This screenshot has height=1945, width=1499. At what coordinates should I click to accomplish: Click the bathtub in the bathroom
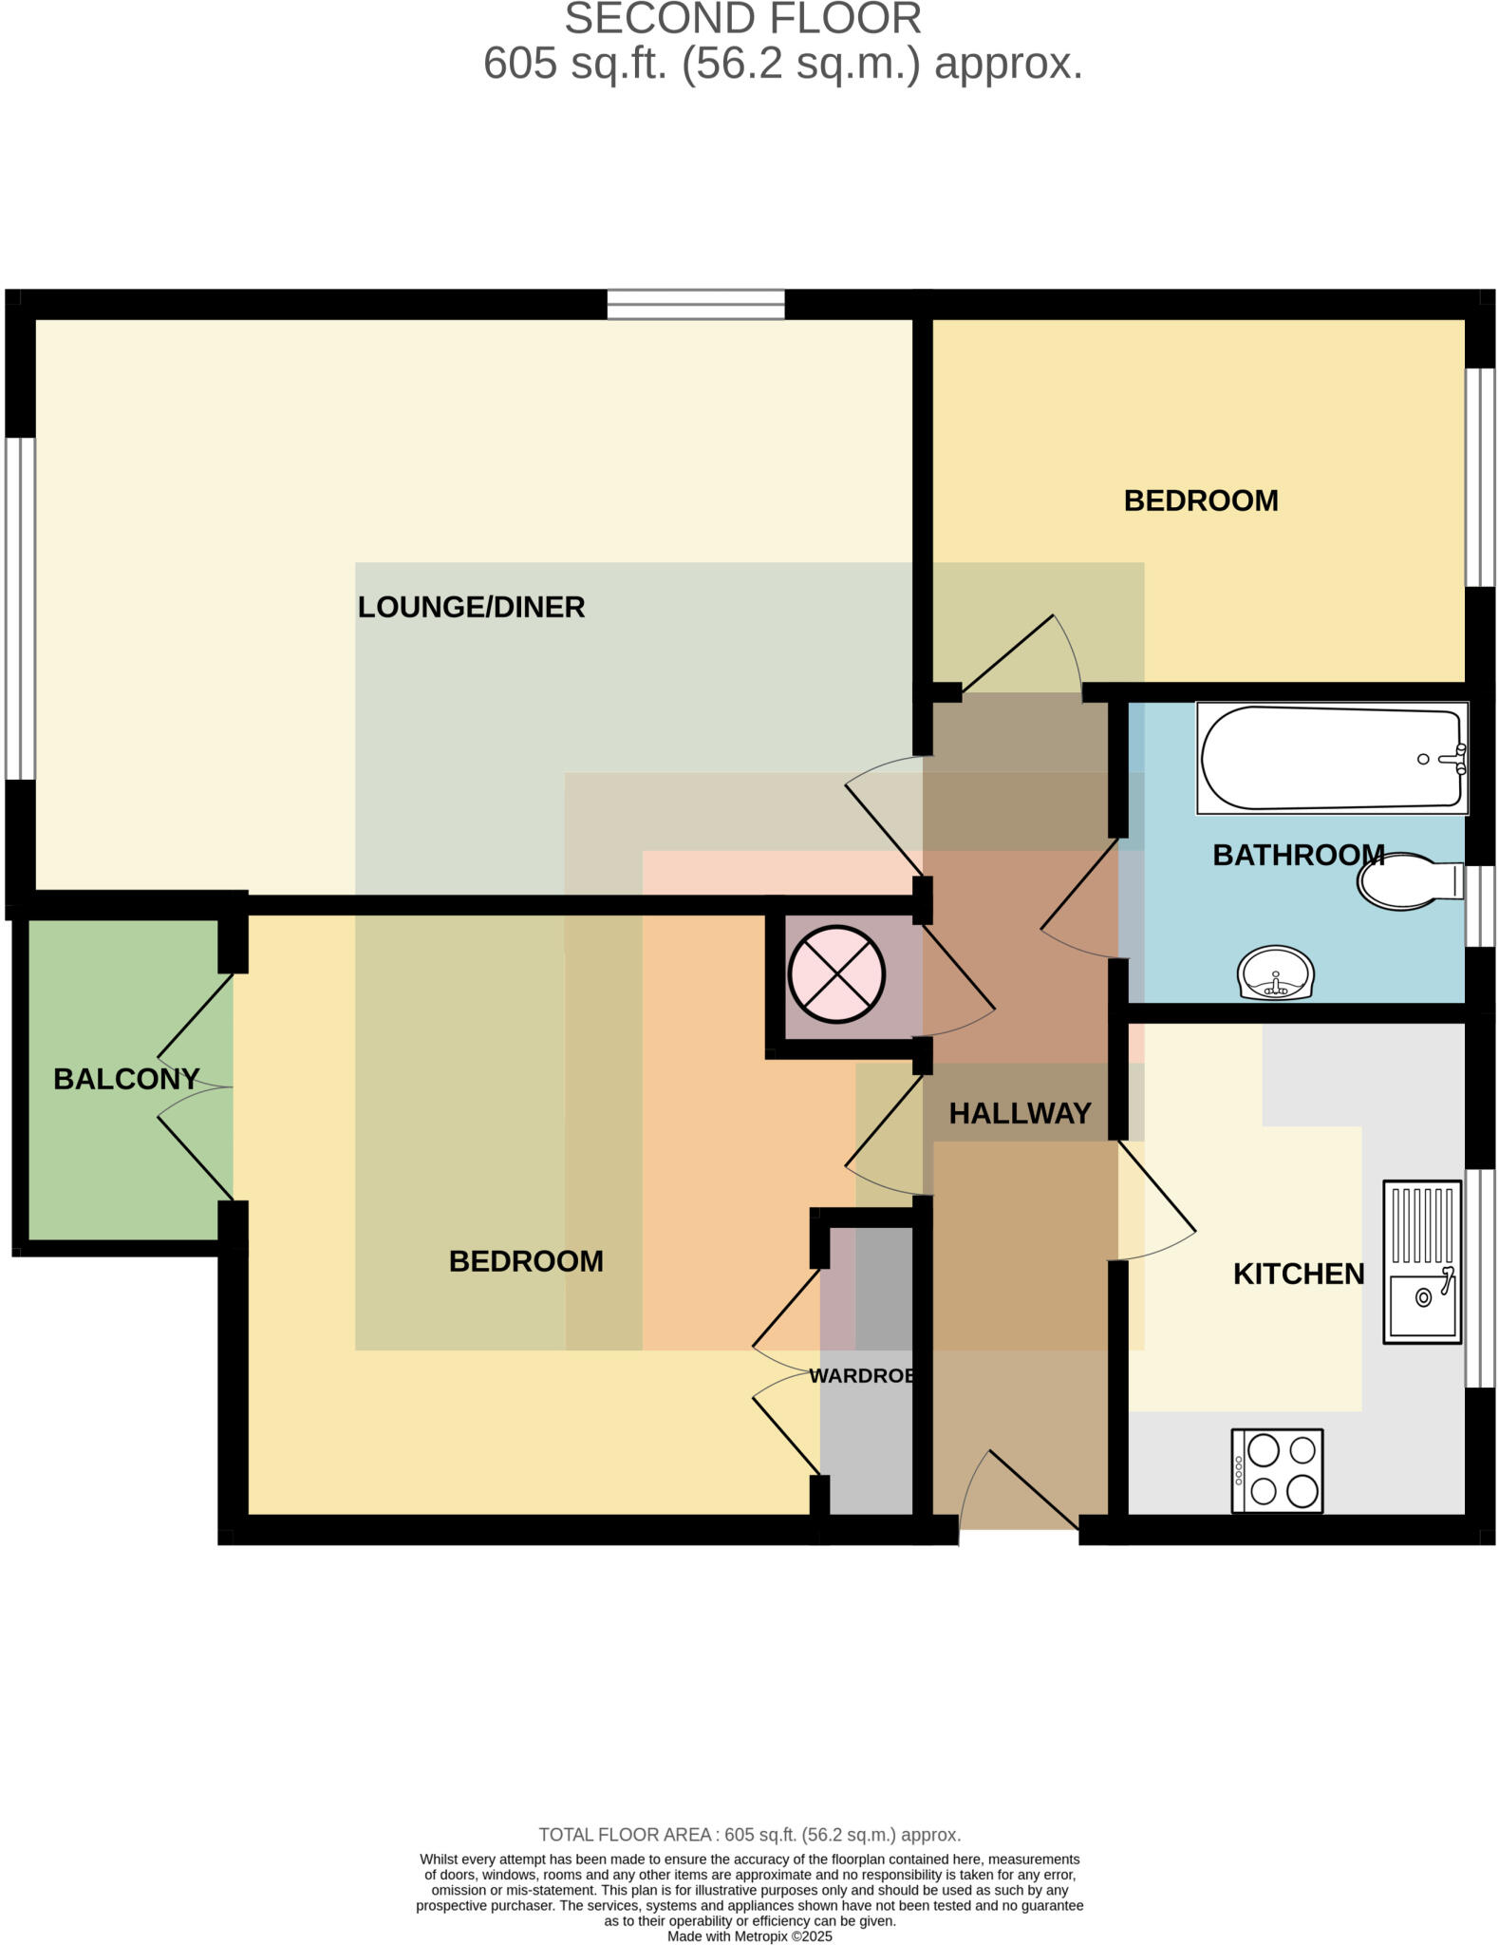pos(1331,759)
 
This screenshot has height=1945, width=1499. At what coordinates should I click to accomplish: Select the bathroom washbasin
pos(1276,973)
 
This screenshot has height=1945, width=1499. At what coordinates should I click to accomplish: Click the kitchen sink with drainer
pos(1421,1261)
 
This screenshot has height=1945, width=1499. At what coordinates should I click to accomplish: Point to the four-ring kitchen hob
pos(1276,1470)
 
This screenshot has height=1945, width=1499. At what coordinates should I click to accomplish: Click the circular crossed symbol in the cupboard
pos(836,974)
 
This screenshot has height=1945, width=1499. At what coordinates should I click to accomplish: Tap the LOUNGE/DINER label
pos(471,607)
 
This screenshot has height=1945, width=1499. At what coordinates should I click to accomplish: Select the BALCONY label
pos(126,1079)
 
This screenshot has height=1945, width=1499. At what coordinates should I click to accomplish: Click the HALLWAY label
pos(1020,1113)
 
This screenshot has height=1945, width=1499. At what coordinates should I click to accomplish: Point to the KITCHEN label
pos(1298,1274)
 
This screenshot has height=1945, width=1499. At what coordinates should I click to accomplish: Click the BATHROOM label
pos(1298,855)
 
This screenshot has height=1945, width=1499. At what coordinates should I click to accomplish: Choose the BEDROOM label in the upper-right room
pos(1200,500)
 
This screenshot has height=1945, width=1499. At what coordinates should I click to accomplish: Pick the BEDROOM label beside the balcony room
pos(526,1261)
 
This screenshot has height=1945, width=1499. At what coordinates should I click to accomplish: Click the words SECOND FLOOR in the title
pos(743,19)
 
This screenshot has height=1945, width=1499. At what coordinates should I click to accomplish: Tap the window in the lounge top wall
pos(696,304)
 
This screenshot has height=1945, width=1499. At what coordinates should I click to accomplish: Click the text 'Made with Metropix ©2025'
pos(749,1936)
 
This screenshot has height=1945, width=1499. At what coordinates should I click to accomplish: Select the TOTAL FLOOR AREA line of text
pos(749,1835)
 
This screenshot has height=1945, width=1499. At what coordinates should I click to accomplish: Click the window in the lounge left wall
pos(20,608)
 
